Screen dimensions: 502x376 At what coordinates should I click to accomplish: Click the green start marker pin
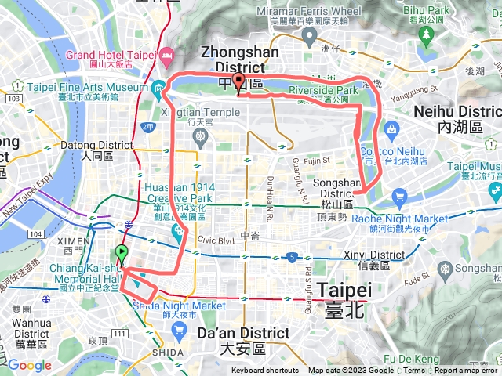pos(122,254)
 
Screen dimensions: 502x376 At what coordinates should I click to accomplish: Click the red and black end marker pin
pos(238,83)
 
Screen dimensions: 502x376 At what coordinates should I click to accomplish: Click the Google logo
pos(29,365)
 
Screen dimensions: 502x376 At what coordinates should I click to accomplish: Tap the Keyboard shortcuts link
pos(264,371)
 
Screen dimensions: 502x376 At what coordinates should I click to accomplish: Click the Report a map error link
pos(467,371)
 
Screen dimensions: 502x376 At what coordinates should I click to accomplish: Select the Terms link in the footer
pos(414,371)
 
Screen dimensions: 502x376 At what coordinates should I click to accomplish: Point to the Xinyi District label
pos(374,255)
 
